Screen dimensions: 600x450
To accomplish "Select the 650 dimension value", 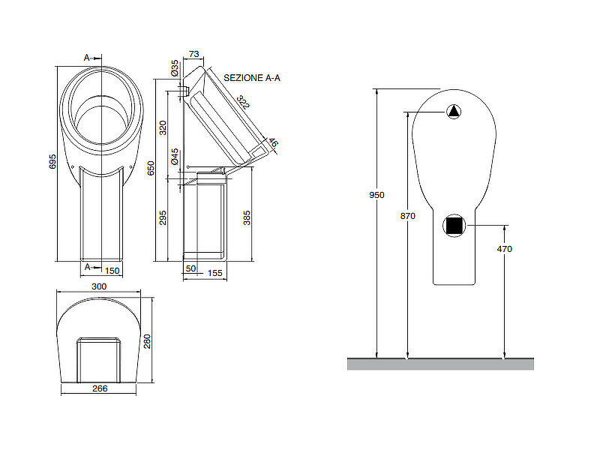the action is coord(151,167).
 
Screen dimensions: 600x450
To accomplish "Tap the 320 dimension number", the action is coord(163,127).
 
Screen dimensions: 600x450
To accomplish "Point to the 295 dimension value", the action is coord(163,217).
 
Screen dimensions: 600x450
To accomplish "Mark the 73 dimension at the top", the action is coord(193,54).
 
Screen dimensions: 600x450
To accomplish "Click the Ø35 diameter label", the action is coord(175,69).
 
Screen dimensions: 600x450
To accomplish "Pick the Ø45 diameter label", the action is coord(175,156).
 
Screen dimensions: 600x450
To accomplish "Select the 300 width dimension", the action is coord(98,286).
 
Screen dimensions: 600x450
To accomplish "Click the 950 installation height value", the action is coord(376,195).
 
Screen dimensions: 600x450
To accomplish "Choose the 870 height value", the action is coord(407,216).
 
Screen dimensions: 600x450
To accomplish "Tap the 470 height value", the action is coord(504,248).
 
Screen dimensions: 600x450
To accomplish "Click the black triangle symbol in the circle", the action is coord(454,112).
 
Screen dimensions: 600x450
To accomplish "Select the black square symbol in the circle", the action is coord(454,225).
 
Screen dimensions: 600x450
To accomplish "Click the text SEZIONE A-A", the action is coord(246,77).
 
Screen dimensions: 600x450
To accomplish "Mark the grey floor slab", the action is coord(440,364).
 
